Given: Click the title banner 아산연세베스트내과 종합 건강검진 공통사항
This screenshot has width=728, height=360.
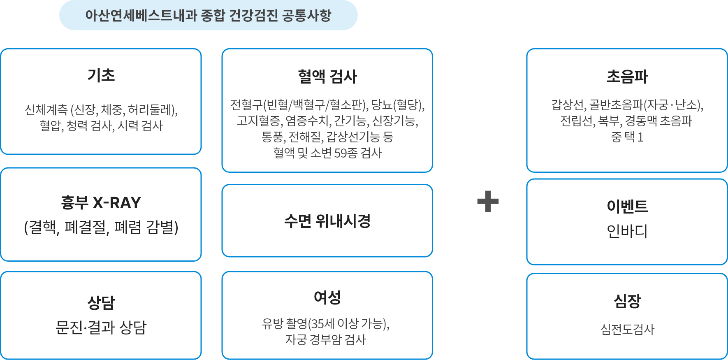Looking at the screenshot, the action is [x=208, y=16].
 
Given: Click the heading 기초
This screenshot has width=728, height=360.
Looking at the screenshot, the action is [x=101, y=75].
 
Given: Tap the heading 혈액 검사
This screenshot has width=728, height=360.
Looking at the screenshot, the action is [x=327, y=77].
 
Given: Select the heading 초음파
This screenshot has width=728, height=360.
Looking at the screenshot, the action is [x=627, y=77].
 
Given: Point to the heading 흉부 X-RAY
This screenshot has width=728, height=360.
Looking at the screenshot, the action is [x=101, y=203].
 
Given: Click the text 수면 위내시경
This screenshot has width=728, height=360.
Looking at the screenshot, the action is [x=327, y=221].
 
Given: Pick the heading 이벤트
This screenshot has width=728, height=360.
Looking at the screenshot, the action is [x=627, y=206].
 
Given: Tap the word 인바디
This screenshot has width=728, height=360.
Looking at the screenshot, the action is [x=627, y=231].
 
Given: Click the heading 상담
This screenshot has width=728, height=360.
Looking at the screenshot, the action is [x=101, y=303].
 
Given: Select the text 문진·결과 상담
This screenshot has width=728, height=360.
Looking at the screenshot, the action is [x=101, y=327].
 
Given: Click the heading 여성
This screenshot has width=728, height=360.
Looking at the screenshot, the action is [x=327, y=297].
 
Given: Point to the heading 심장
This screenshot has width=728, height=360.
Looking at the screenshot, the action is [x=627, y=301].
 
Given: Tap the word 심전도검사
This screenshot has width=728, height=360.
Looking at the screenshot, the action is [x=627, y=329].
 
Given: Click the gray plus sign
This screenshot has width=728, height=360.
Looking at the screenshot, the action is [x=488, y=201].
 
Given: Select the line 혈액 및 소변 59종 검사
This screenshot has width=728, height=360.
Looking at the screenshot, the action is [x=327, y=153].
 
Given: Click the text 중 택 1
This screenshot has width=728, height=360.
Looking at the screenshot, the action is [x=627, y=137].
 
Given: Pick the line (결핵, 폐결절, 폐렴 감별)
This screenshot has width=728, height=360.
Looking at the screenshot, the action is [x=101, y=227].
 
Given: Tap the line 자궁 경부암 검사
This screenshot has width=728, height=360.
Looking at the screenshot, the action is [x=326, y=340].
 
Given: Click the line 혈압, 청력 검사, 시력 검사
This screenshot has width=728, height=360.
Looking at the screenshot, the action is [x=101, y=126].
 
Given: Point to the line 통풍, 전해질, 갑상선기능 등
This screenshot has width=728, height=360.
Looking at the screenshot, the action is [x=327, y=137].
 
